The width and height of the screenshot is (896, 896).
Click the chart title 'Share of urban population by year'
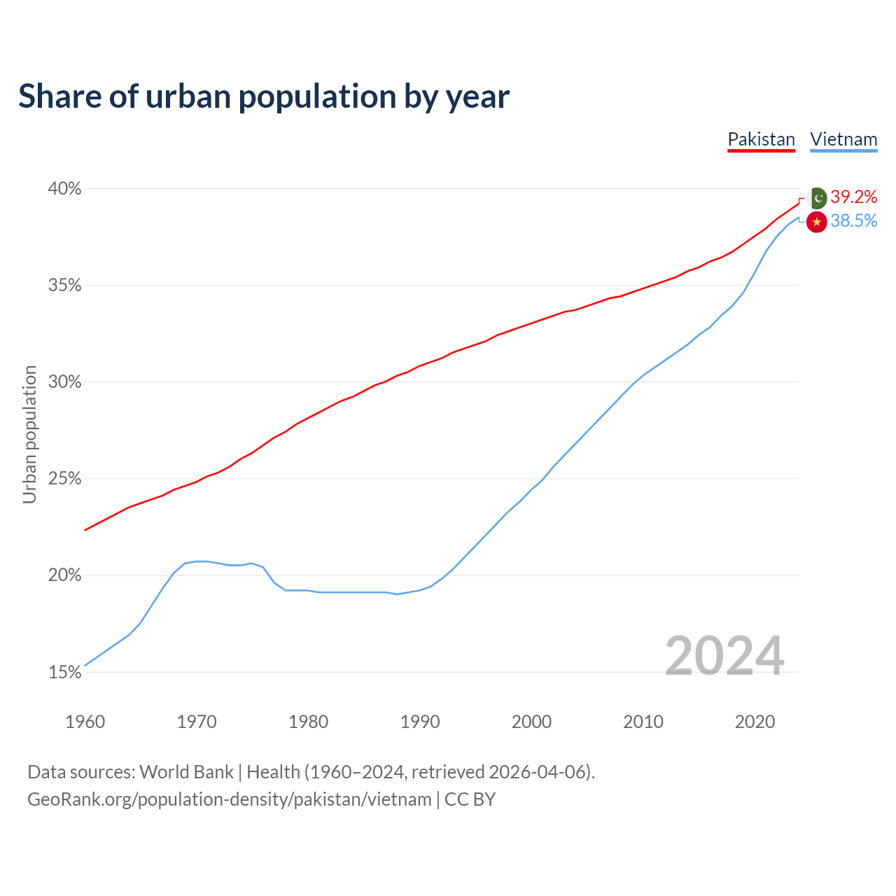pos(264,96)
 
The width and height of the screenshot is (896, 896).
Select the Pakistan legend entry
pos(761,139)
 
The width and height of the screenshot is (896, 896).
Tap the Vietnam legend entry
pos(843,139)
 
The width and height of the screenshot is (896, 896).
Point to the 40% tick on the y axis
pos(64,188)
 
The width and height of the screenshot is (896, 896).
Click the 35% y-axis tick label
pos(64,285)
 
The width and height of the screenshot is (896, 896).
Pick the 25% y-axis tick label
pos(64,479)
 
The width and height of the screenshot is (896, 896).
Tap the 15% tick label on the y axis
pos(64,672)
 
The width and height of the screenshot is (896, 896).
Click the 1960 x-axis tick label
pos(85,722)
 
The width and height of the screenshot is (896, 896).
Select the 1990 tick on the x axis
pos(420,722)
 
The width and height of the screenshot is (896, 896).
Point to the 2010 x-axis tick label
pos(643,722)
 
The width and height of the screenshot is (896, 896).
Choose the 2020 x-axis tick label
pos(755,722)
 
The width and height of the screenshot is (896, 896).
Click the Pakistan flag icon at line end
pos(817,198)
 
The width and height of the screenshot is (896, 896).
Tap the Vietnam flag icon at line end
pos(817,222)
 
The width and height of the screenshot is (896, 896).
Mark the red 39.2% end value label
pos(854,197)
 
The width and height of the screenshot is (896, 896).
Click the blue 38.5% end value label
pos(854,220)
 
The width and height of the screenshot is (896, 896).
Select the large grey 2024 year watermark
pos(724,656)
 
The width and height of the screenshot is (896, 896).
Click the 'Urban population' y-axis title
pos(29,434)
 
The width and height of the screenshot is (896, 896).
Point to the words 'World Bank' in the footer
pos(186,771)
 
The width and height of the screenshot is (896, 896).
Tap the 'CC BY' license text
pos(470,799)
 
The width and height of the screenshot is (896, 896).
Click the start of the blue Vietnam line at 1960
pos(85,665)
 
